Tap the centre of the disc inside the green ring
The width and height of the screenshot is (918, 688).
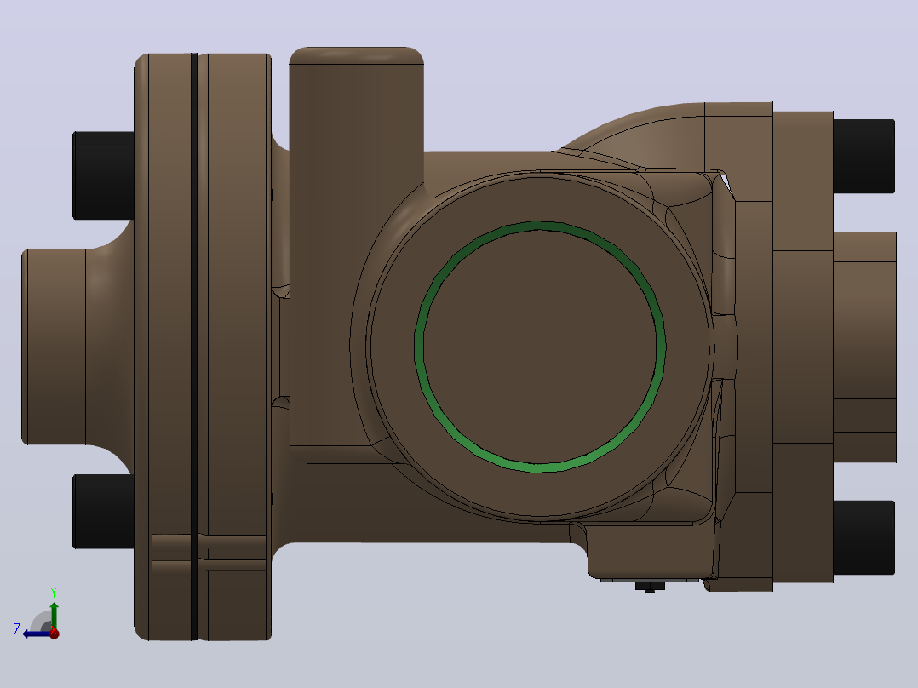point(540,347)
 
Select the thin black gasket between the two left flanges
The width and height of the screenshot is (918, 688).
point(194,347)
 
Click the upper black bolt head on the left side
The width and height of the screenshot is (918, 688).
point(104,175)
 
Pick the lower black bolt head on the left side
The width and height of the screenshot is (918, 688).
point(104,511)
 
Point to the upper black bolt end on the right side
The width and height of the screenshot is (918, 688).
point(863,156)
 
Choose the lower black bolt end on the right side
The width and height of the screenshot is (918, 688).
point(863,537)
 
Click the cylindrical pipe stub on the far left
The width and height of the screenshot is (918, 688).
point(54,347)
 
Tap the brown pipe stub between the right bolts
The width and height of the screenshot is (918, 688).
point(864,347)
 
